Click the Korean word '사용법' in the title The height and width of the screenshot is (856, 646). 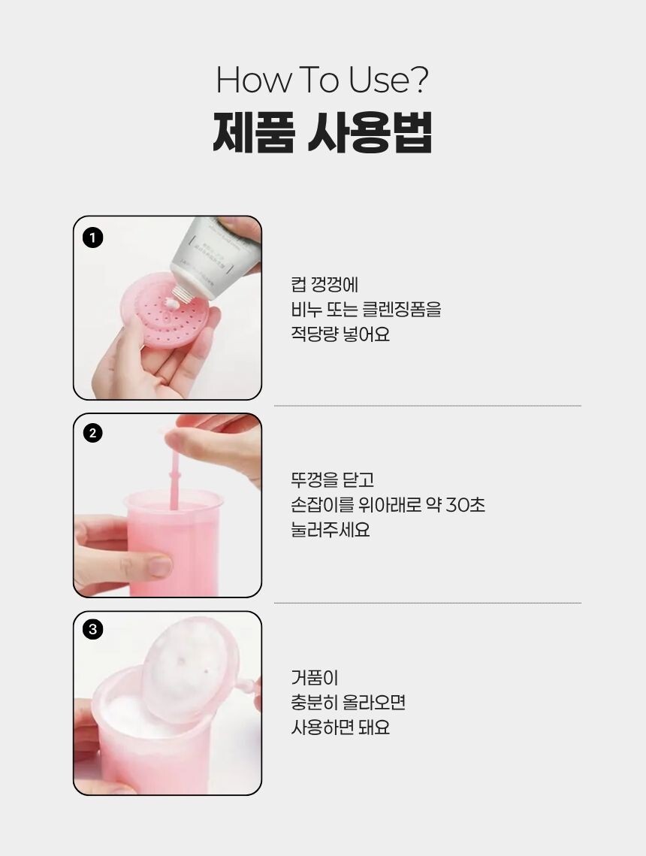click(x=370, y=132)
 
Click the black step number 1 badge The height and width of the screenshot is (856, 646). click(x=92, y=237)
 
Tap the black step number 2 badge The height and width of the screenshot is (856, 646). click(x=92, y=434)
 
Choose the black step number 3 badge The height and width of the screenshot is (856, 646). click(x=92, y=630)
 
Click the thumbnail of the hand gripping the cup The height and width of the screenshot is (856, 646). click(x=168, y=505)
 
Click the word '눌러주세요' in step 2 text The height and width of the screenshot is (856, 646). click(x=331, y=530)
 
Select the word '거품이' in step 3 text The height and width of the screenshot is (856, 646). click(x=315, y=677)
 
